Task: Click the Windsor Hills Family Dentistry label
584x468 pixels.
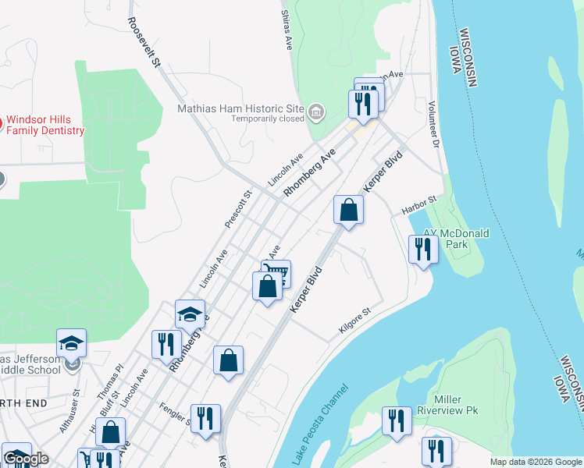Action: pyautogui.click(x=45, y=125)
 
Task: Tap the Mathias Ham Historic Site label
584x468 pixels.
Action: pyautogui.click(x=240, y=109)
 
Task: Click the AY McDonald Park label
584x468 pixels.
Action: pyautogui.click(x=456, y=239)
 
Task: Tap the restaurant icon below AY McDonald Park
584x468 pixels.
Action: pyautogui.click(x=422, y=250)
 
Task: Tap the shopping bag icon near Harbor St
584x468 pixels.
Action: pyautogui.click(x=348, y=210)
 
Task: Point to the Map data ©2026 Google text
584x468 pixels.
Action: pyautogui.click(x=535, y=462)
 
